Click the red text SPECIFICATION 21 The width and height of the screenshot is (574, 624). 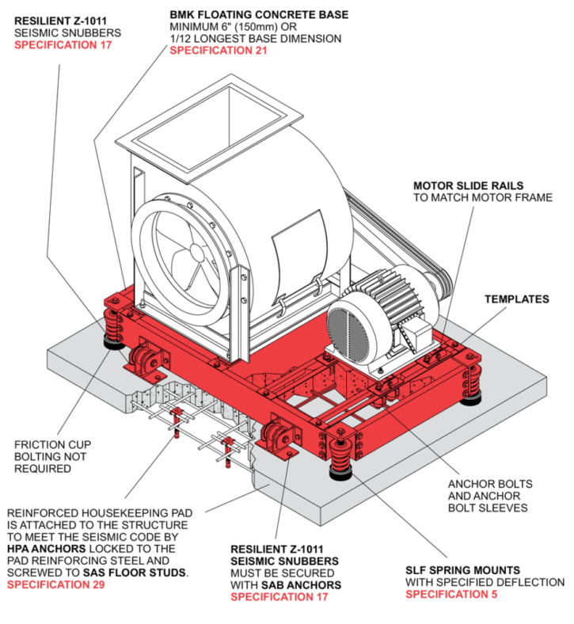point(218,51)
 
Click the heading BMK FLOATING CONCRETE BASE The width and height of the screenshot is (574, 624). point(258,15)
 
